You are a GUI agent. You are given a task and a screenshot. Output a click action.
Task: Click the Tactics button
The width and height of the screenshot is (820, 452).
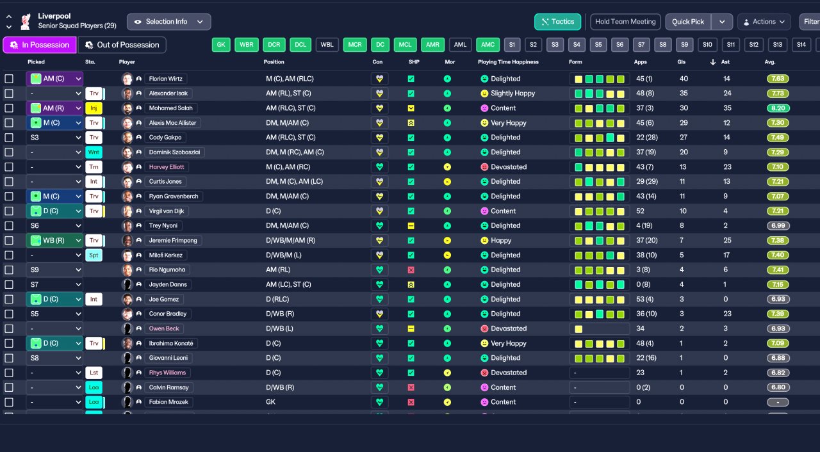click(557, 22)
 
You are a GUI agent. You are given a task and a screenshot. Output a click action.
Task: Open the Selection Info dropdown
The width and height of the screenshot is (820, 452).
click(168, 22)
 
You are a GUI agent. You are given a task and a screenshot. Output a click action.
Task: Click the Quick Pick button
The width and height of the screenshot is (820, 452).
click(688, 22)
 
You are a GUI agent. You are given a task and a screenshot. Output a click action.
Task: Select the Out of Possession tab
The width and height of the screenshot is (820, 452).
click(122, 45)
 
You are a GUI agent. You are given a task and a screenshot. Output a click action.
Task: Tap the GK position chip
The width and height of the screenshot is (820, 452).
click(221, 45)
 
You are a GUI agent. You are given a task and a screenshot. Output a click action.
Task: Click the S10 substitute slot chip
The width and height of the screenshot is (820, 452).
click(707, 45)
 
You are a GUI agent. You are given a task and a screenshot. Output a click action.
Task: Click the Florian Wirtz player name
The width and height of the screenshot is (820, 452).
click(166, 79)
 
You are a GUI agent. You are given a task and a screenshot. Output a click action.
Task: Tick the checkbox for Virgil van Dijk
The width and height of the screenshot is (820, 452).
click(9, 211)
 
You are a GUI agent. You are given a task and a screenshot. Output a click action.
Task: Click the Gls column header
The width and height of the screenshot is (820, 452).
click(681, 62)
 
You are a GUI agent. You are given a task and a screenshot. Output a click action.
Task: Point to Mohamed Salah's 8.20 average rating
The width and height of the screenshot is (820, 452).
click(778, 108)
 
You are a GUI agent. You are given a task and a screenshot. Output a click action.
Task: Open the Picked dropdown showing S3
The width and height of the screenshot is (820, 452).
click(54, 138)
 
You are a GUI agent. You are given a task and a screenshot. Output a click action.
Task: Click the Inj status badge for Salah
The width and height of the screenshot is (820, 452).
click(94, 108)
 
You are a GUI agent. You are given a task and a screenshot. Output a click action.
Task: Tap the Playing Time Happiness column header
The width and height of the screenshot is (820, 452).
click(508, 62)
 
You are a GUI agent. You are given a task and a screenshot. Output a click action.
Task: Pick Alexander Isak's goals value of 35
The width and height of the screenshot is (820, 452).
click(684, 93)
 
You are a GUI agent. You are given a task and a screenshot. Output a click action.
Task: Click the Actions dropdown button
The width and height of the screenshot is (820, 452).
click(764, 22)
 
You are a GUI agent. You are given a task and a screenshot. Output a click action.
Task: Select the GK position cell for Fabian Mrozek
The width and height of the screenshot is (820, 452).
click(271, 402)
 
